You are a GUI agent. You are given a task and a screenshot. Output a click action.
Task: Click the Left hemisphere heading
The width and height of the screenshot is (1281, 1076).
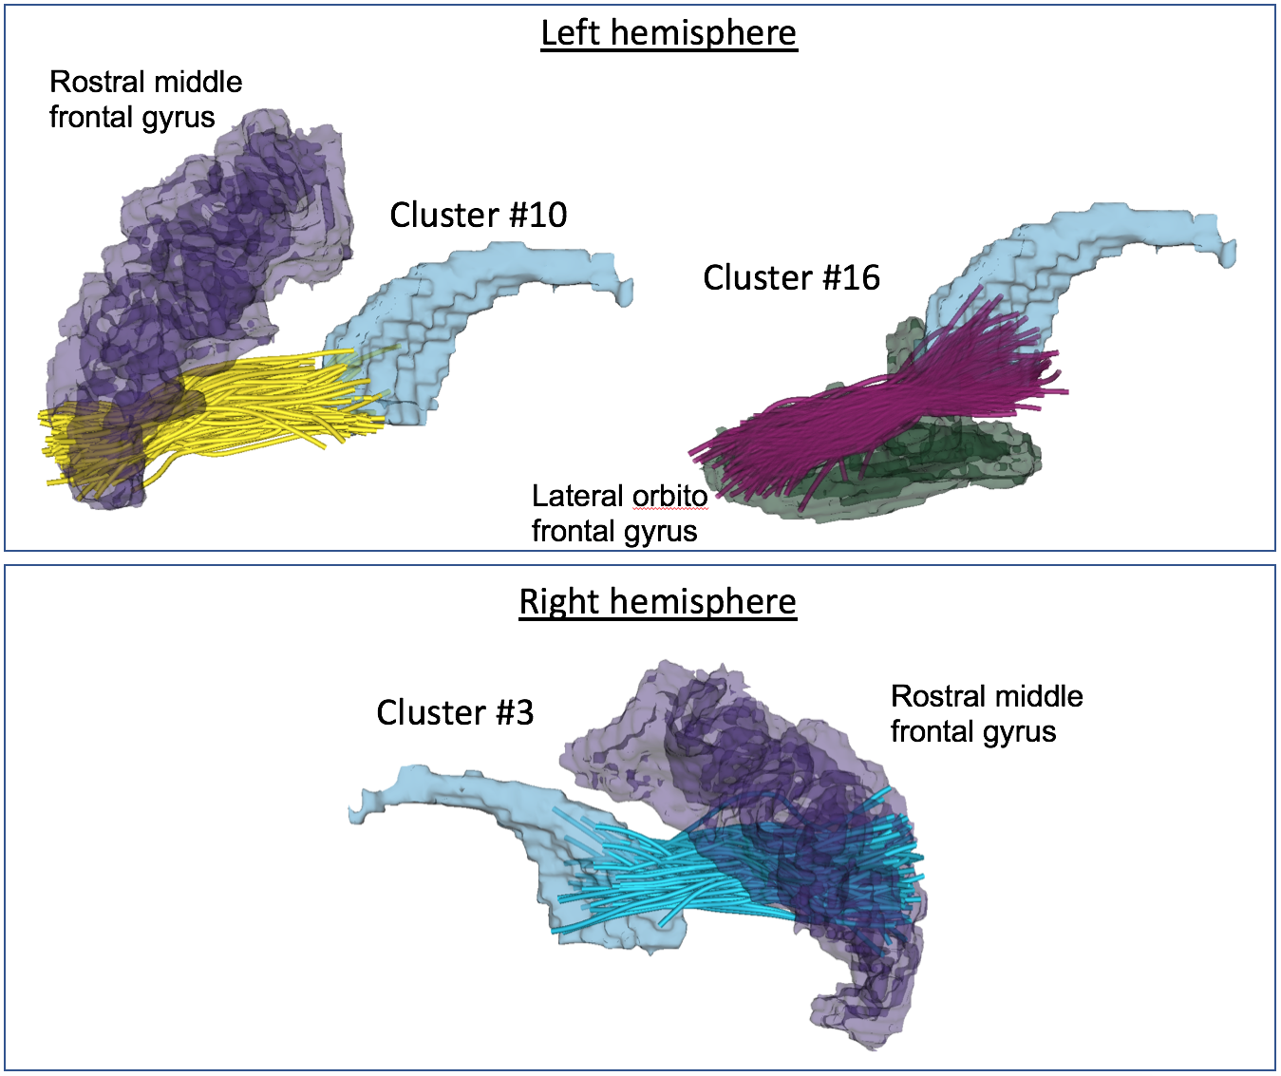[669, 33]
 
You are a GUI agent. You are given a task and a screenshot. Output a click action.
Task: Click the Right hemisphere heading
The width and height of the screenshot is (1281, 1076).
[657, 602]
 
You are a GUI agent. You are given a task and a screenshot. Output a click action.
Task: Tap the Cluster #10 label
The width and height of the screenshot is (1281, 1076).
[478, 216]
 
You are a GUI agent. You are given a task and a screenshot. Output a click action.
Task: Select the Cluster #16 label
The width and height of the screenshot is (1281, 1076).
[791, 278]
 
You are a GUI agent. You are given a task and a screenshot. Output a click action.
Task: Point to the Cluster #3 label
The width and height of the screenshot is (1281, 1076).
[455, 713]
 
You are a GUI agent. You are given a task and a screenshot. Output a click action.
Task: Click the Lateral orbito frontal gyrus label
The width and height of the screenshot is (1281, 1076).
[617, 514]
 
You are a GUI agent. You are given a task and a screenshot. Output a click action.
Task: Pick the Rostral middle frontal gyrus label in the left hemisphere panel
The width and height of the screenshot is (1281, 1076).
[145, 100]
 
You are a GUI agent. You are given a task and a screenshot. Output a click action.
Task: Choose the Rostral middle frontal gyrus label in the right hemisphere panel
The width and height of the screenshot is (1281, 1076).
[986, 714]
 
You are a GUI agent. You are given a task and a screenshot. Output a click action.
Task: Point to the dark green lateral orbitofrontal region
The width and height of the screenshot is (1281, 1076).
[950, 465]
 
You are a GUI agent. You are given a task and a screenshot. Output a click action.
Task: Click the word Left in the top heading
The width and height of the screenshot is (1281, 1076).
[571, 33]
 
